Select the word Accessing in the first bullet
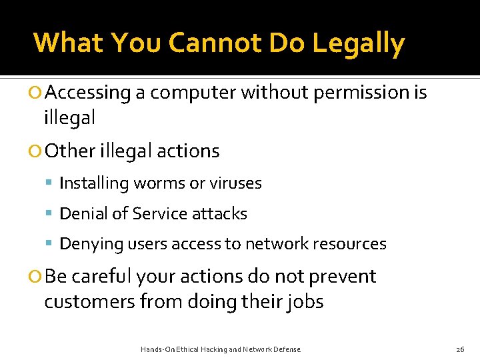[90, 93]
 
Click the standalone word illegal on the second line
[69, 118]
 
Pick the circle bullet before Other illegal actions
[37, 151]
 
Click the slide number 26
[460, 349]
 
